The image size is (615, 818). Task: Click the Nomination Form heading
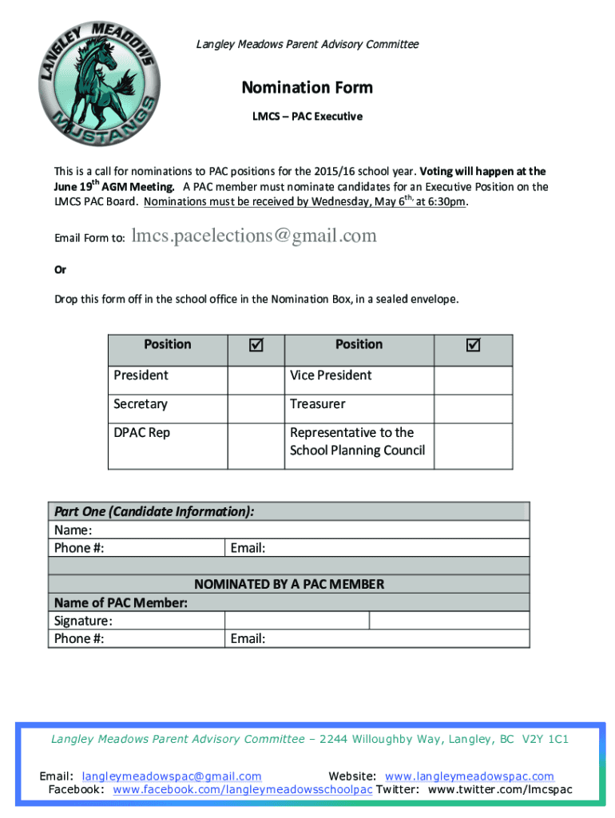click(307, 87)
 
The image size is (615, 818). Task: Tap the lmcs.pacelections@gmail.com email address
click(254, 236)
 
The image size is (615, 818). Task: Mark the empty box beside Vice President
click(473, 375)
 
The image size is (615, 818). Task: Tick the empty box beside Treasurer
click(473, 404)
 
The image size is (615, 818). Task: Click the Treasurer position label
click(318, 404)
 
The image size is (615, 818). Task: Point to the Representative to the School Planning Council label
click(357, 442)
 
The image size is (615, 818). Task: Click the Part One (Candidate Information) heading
click(154, 511)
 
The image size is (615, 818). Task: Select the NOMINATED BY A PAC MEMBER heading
click(289, 584)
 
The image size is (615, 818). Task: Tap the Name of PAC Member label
click(121, 602)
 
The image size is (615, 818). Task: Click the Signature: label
click(83, 621)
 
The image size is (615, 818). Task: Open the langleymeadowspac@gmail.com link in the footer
click(172, 776)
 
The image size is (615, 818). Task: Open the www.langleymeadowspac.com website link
click(469, 776)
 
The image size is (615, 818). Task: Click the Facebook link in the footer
click(243, 790)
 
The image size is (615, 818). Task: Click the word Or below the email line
click(60, 270)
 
